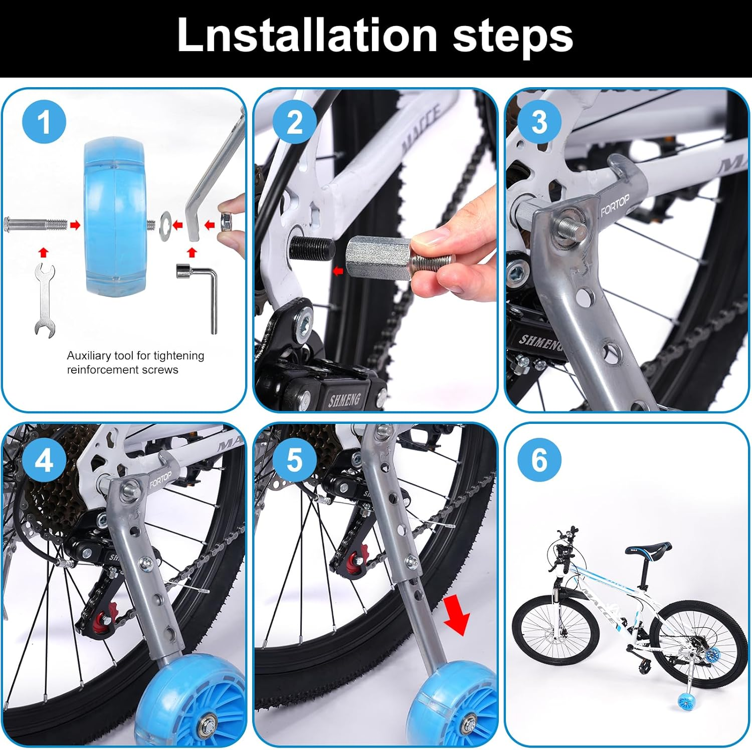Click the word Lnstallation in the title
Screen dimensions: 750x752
tap(307, 35)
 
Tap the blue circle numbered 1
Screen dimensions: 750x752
tap(44, 122)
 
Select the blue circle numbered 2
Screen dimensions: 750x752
tap(295, 122)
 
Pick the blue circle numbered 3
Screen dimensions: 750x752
tap(539, 122)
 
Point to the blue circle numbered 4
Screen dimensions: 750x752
tap(44, 459)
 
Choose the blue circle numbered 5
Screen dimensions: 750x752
tap(295, 459)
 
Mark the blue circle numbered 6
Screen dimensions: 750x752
tap(539, 459)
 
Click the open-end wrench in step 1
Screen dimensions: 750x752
tap(44, 300)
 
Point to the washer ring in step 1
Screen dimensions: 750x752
tap(165, 225)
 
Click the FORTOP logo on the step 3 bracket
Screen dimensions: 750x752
tap(615, 206)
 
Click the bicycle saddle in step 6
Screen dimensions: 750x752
tap(650, 548)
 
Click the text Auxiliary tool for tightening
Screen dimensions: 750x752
tap(135, 356)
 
